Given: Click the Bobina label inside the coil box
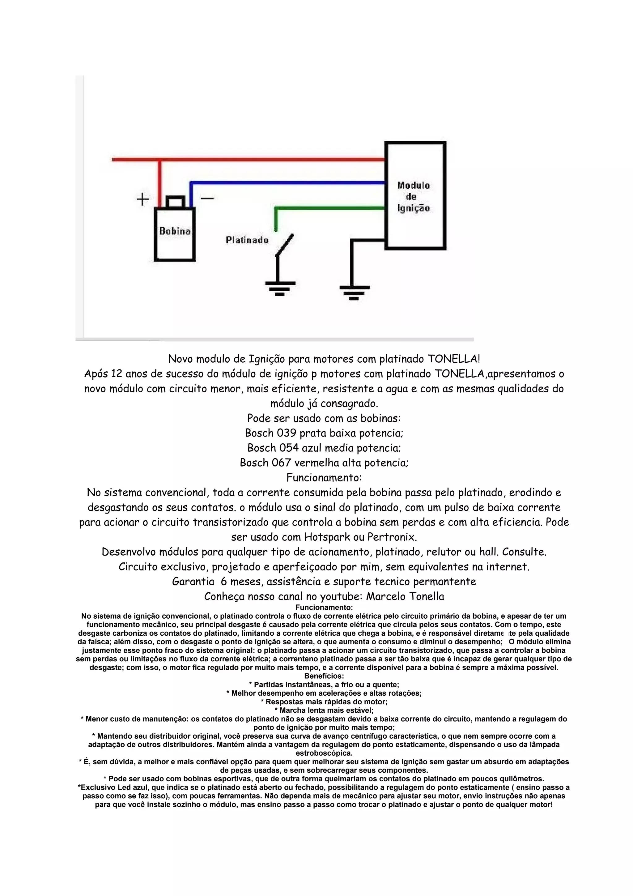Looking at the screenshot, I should pyautogui.click(x=175, y=231).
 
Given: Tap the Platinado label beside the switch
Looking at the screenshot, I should pyautogui.click(x=247, y=240).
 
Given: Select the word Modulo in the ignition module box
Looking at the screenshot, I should pyautogui.click(x=414, y=186).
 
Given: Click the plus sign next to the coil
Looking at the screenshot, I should pyautogui.click(x=143, y=199).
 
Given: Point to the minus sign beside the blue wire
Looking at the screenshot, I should pyautogui.click(x=207, y=198).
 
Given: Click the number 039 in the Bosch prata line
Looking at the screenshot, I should pyautogui.click(x=287, y=433).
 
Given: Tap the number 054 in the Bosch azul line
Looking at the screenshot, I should pyautogui.click(x=289, y=448).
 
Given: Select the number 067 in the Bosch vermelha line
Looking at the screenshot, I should pyautogui.click(x=282, y=463).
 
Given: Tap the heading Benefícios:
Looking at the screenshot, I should pyautogui.click(x=324, y=676).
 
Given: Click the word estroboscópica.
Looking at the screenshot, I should pyautogui.click(x=324, y=753).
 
